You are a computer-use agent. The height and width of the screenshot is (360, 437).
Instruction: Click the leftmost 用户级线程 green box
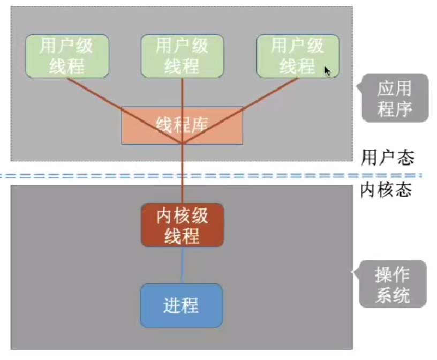tap(67, 56)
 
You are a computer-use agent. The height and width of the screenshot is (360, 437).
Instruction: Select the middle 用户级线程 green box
tap(182, 56)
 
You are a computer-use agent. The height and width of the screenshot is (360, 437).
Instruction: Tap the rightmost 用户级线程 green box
tap(297, 56)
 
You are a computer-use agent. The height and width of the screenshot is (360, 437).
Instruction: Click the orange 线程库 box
tap(182, 125)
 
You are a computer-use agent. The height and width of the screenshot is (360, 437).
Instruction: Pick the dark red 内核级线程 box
tap(182, 225)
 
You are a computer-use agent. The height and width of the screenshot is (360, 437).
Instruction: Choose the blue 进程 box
tap(181, 305)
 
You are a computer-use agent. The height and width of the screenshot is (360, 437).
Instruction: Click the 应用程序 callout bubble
tap(394, 98)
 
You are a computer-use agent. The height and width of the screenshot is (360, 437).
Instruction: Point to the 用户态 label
tap(387, 157)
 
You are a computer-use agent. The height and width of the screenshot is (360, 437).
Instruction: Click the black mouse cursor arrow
tap(327, 71)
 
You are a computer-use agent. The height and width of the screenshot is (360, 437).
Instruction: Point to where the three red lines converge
tap(182, 144)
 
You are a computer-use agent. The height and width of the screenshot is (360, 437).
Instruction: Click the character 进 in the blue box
tap(172, 305)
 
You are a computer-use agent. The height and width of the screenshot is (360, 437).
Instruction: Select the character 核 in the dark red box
tap(182, 216)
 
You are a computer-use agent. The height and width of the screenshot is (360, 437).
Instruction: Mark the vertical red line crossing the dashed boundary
tap(182, 175)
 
